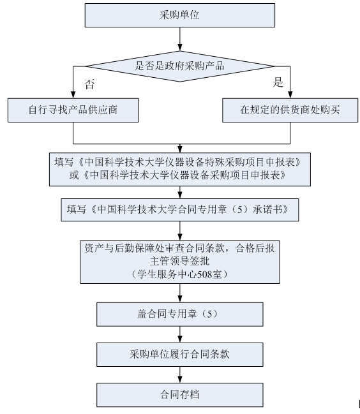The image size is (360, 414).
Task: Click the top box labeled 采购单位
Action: pos(179,15)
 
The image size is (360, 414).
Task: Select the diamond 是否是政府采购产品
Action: pos(179,66)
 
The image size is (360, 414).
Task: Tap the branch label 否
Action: pos(89,84)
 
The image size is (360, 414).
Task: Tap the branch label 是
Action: pos(278,82)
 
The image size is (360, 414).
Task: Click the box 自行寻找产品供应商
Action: pos(73,110)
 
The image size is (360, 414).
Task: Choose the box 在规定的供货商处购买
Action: pos(290,110)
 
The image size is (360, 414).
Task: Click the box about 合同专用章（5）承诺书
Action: pos(180,210)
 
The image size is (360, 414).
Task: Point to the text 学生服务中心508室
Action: pos(179,274)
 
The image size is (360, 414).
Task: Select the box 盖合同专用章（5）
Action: pos(180,314)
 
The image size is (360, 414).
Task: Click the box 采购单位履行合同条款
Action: pos(180,354)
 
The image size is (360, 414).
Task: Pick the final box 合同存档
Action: pos(180,395)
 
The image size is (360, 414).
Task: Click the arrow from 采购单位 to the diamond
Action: pos(180,39)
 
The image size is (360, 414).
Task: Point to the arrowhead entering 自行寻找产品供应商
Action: pos(73,95)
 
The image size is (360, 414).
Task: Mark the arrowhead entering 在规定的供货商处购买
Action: pos(290,95)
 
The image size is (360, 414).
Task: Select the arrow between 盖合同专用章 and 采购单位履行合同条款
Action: pos(180,334)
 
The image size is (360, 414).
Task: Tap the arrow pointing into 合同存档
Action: pos(180,375)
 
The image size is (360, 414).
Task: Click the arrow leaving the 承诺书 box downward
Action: pos(180,231)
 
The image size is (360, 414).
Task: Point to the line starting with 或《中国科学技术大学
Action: pos(177,175)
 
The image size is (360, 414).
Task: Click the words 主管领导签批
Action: pos(179,261)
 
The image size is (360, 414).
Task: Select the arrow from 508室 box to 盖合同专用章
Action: pos(180,293)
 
